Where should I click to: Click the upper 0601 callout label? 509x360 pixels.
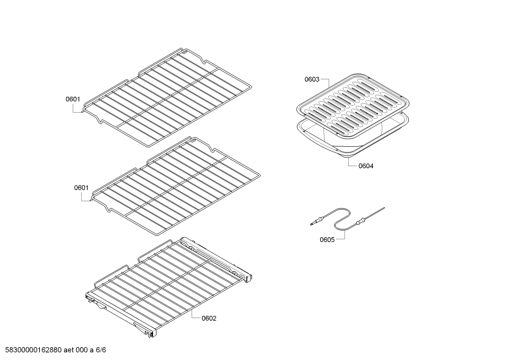(73, 99)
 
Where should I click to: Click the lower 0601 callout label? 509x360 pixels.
(81, 188)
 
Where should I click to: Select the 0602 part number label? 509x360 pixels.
(209, 318)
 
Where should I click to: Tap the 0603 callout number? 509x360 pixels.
(312, 79)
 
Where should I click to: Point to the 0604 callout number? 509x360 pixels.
(366, 166)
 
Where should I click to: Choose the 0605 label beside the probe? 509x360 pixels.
(327, 240)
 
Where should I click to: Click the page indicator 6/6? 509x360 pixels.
(101, 350)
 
